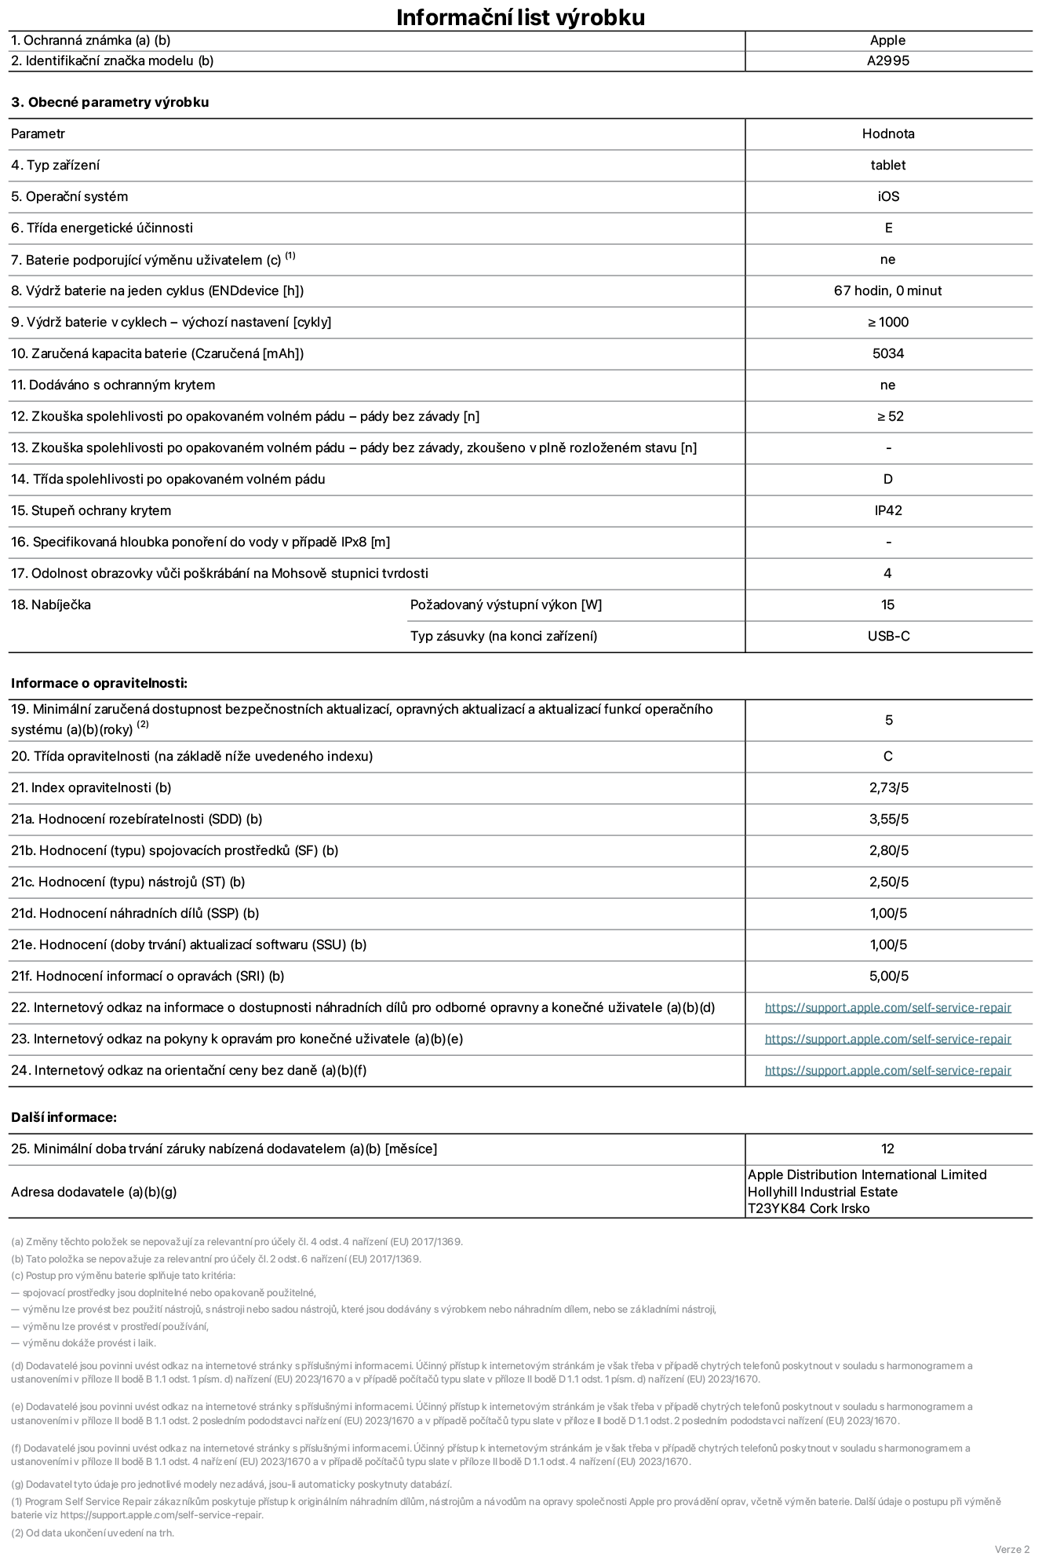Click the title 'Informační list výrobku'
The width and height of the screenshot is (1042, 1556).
(520, 17)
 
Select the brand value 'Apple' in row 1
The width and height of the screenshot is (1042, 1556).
(887, 41)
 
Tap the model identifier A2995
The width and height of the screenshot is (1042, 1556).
(887, 61)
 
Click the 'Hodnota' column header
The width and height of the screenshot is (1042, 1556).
(887, 133)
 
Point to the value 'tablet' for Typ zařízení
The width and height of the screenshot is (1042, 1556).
(887, 165)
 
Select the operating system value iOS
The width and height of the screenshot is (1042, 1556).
(888, 196)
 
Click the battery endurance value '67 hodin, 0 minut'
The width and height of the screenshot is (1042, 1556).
(887, 290)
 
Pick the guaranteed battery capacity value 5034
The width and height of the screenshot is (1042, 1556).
(887, 353)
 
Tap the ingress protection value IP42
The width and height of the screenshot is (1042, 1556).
(887, 510)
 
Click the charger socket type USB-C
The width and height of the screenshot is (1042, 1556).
(888, 636)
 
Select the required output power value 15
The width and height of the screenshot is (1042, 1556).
(887, 605)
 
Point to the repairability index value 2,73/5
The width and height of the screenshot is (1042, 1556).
(888, 787)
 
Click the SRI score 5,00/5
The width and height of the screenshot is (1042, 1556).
(888, 976)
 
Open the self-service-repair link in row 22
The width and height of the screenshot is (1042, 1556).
(887, 1007)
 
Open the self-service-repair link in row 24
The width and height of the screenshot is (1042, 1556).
(887, 1070)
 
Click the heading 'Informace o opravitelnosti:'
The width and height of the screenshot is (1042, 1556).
(100, 683)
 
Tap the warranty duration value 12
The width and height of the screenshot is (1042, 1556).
(887, 1149)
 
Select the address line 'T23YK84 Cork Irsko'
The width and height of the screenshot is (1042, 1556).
(808, 1208)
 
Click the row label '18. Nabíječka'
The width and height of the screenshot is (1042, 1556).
(51, 605)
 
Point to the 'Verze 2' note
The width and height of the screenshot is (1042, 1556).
(1011, 1549)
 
